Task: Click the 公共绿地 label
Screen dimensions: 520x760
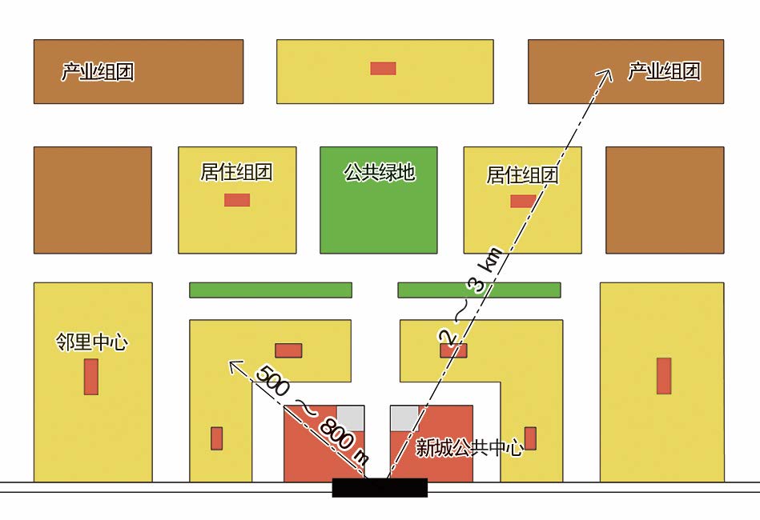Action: coord(379,172)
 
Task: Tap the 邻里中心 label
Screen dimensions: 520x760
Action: coord(93,343)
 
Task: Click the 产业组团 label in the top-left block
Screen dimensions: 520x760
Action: coord(98,72)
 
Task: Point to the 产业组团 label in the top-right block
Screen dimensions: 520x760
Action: coord(664,71)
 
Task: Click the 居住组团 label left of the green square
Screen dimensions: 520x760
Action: coord(237,172)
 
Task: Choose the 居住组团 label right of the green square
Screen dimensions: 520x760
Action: coord(522,175)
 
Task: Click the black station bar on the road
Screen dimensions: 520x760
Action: coord(380,487)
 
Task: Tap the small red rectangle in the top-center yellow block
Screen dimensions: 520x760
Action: coord(383,68)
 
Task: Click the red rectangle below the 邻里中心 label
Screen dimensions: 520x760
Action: coord(91,377)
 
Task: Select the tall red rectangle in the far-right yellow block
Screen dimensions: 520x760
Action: coord(664,376)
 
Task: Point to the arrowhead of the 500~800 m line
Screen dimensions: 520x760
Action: coord(234,365)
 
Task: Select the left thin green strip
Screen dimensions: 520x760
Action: coord(271,290)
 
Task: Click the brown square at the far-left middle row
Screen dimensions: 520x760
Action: coord(93,200)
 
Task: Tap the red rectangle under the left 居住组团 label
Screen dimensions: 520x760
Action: coord(237,200)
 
